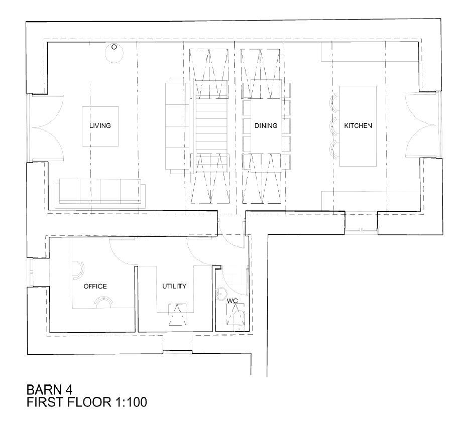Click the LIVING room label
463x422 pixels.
tap(100, 126)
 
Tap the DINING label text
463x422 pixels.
tap(266, 126)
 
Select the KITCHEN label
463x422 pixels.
tap(358, 126)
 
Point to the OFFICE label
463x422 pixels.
tap(95, 286)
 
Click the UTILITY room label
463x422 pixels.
tap(174, 286)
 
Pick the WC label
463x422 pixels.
tap(233, 301)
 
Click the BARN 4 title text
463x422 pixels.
tap(49, 389)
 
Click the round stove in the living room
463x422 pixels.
tap(114, 53)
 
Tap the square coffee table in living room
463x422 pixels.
tap(100, 126)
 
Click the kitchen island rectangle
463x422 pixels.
tap(358, 126)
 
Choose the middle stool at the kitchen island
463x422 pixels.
tap(333, 126)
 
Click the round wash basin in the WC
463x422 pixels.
tap(220, 293)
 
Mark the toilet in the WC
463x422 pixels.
tap(236, 315)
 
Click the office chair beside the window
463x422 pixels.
tap(78, 270)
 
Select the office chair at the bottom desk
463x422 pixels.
tap(103, 303)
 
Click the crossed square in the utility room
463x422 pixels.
tap(177, 315)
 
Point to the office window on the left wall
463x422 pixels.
tap(30, 272)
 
